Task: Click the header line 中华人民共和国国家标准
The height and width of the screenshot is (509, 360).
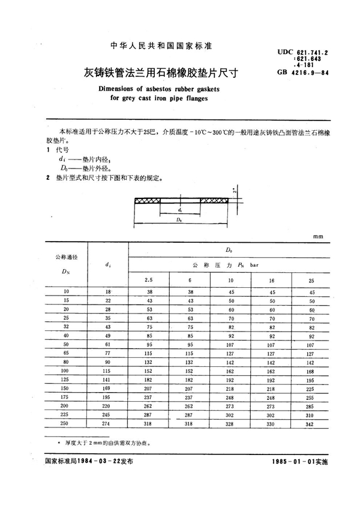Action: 159,46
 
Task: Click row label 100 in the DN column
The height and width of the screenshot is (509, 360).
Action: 66,372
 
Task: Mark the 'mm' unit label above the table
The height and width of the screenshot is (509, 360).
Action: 317,237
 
